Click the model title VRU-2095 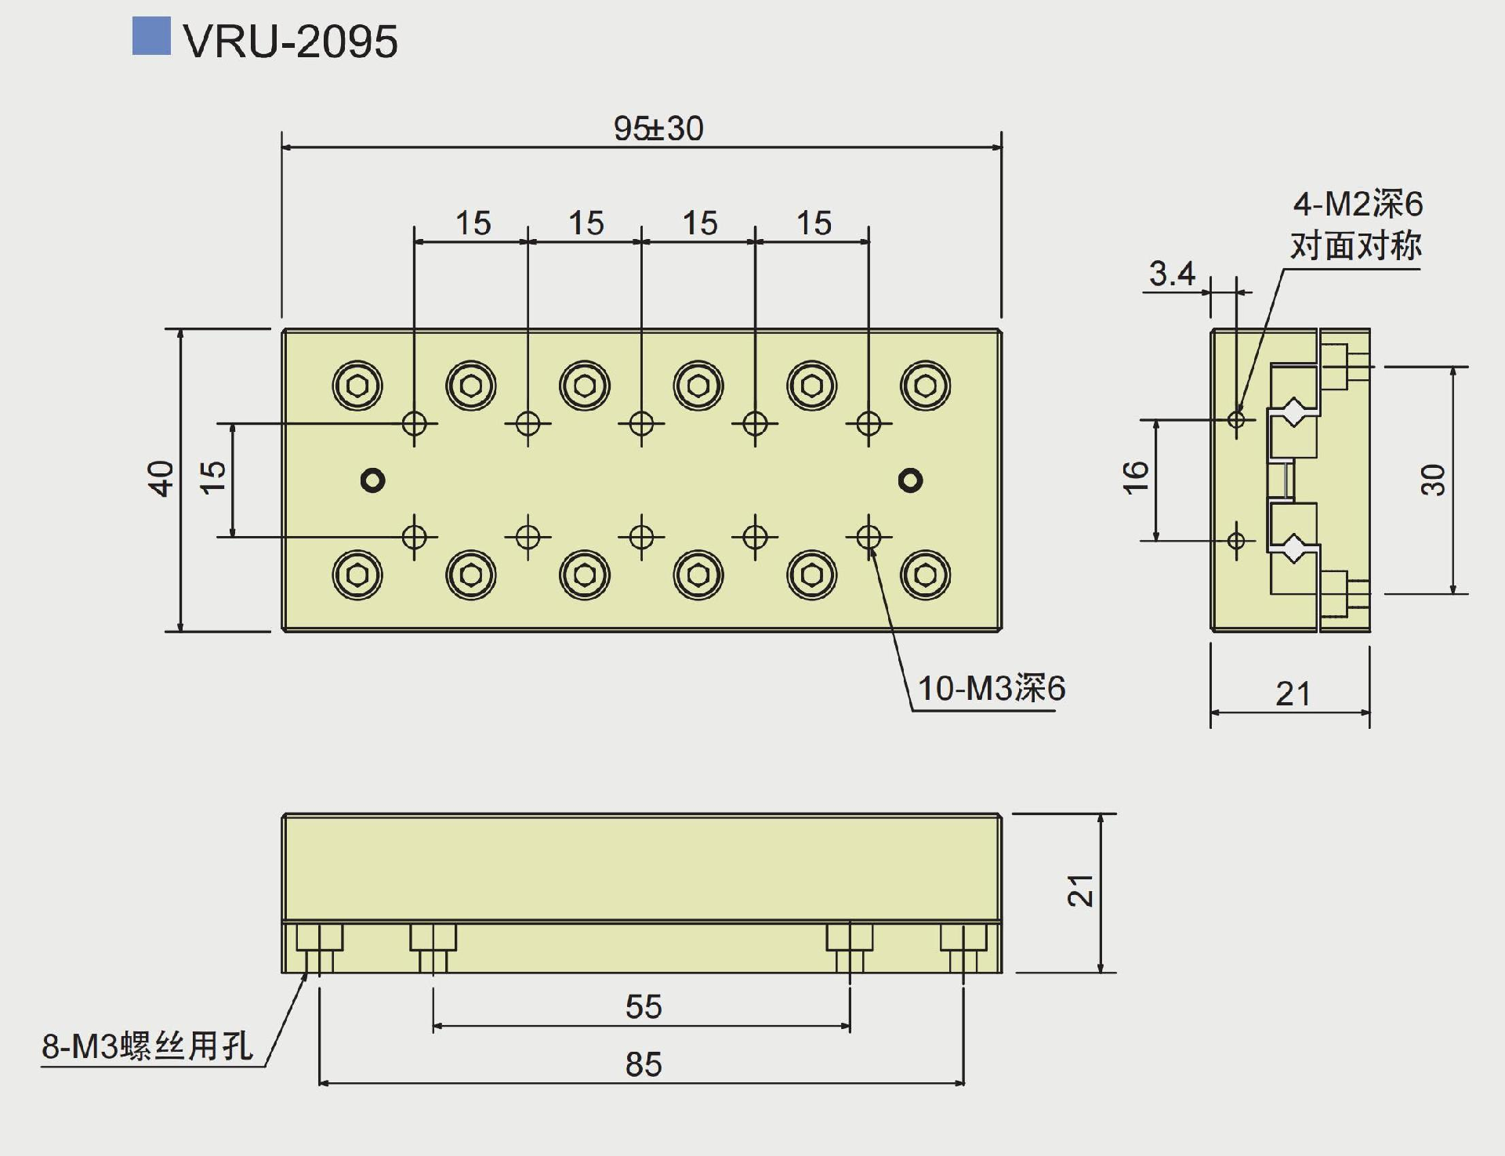pos(290,41)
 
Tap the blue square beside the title pos(151,36)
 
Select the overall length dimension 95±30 pos(658,129)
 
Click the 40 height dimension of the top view pos(161,478)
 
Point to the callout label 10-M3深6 pos(991,689)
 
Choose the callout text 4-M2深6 pos(1358,205)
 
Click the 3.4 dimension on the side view pos(1172,274)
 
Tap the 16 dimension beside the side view pos(1136,477)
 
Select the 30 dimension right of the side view pos(1433,480)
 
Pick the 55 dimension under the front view pos(644,1007)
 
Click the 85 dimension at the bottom pos(644,1064)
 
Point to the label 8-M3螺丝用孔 pos(147,1046)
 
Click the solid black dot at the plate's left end pos(372,480)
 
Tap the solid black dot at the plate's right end pos(910,480)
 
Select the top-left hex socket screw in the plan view pos(357,386)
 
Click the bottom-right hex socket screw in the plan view pos(926,575)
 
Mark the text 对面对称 pos(1356,245)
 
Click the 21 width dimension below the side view pos(1293,694)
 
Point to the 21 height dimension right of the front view pos(1081,891)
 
